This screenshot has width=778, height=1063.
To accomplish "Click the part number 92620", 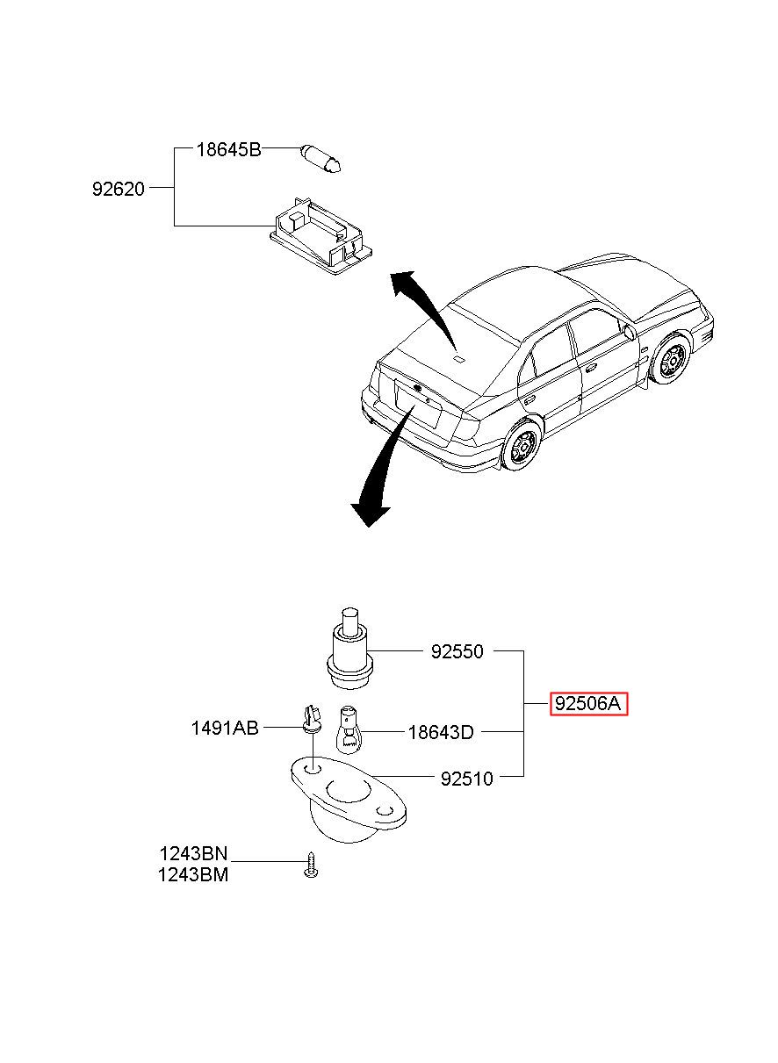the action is (119, 189).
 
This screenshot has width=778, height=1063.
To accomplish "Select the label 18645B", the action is (229, 150).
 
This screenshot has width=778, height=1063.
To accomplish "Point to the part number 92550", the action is (457, 651).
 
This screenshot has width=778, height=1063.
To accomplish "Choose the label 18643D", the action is (441, 733).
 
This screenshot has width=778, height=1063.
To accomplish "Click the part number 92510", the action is (467, 779).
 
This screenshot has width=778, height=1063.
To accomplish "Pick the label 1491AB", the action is (225, 728).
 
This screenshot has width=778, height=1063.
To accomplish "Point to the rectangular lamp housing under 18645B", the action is (321, 235).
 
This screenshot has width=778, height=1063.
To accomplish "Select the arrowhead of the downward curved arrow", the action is (370, 514).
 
